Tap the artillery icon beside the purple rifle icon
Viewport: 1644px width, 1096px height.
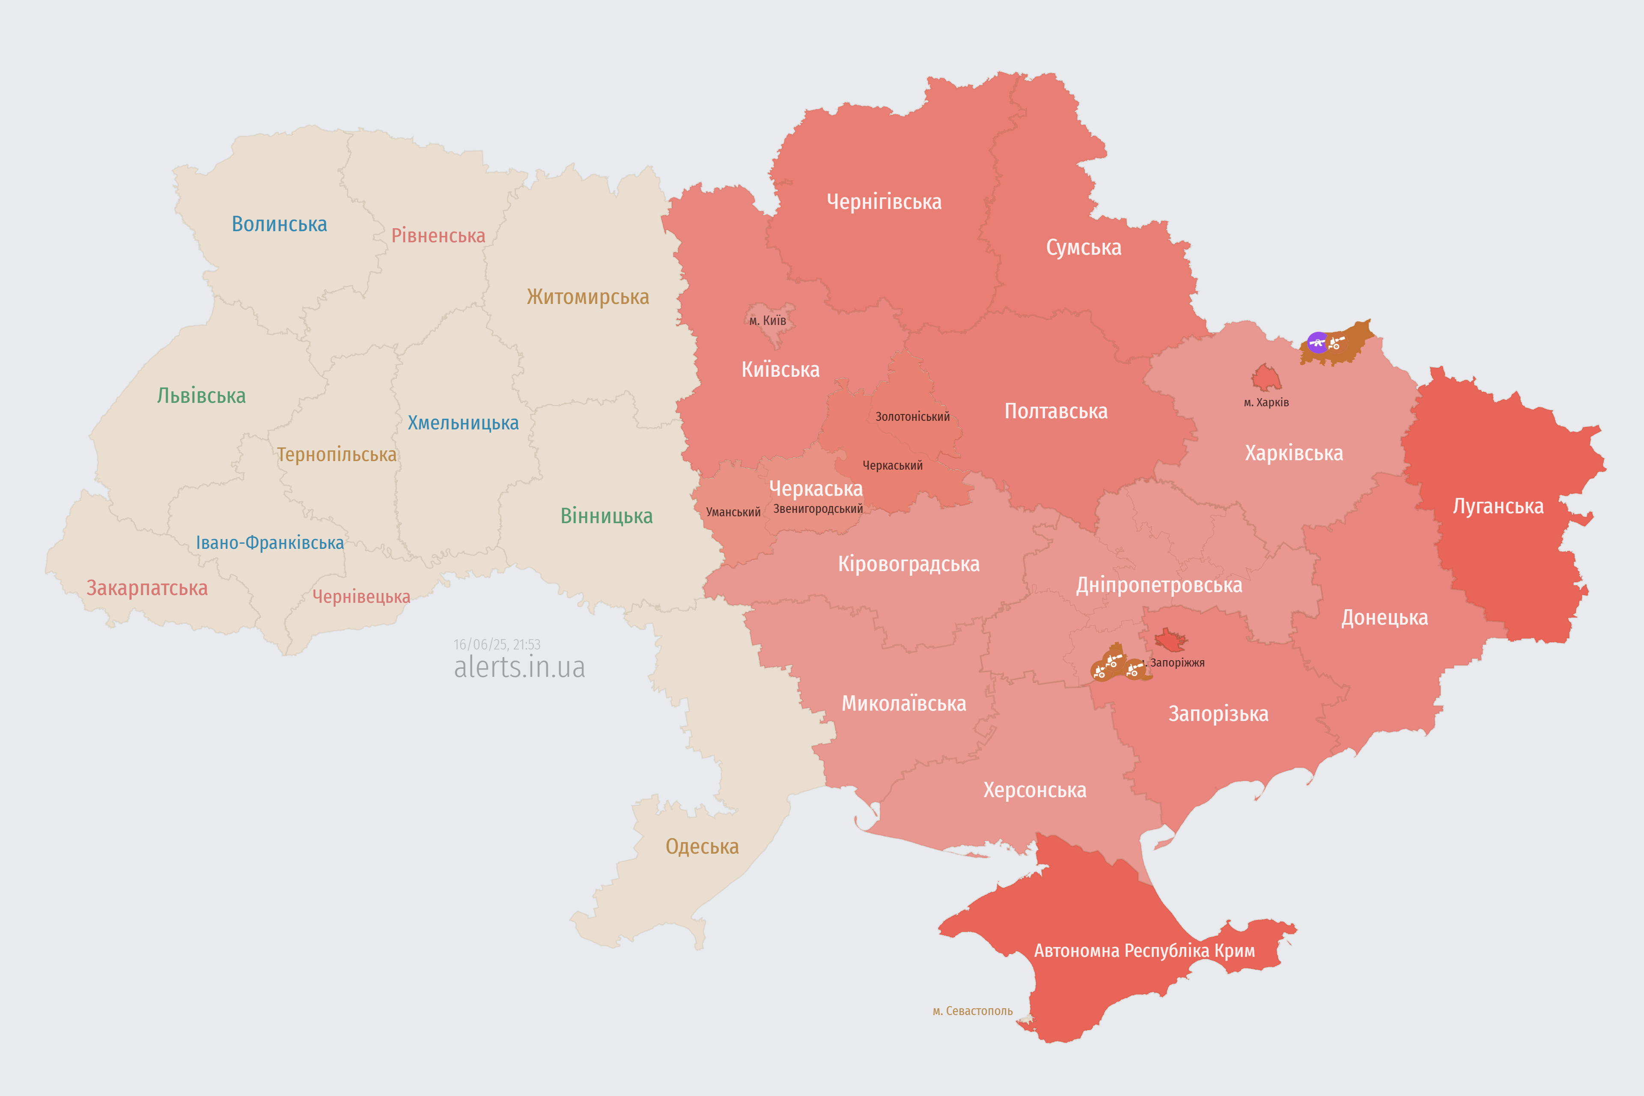[1336, 342]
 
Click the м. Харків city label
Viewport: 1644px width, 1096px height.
[1266, 402]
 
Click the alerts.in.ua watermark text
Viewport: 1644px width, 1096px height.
[519, 667]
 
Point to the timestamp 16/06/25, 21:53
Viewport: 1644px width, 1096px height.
[497, 644]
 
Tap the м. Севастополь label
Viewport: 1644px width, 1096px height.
[972, 1011]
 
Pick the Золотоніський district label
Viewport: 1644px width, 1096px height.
[912, 417]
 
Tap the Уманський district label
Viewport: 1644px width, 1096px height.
[733, 512]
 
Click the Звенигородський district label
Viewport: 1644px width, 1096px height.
[818, 509]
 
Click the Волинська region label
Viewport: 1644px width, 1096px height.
[279, 224]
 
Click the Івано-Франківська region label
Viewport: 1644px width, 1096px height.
[270, 543]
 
